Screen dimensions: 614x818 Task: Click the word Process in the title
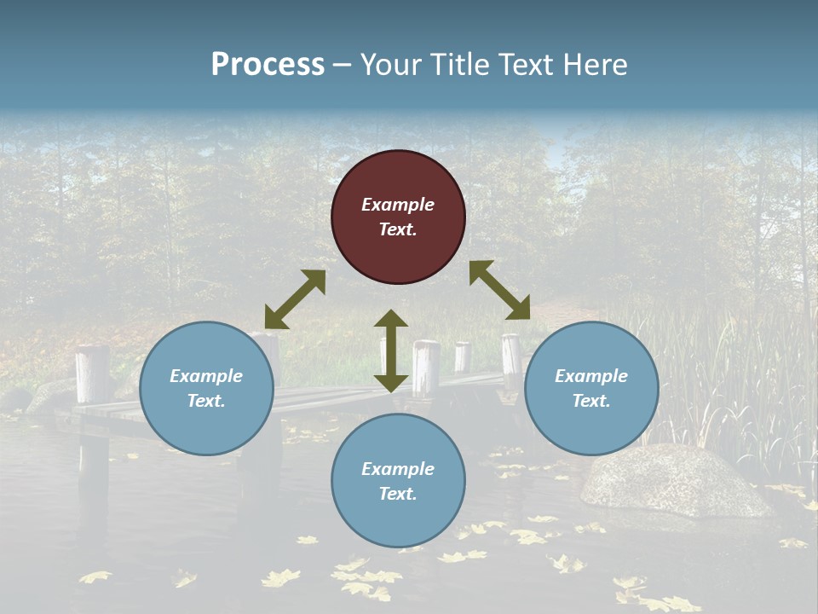click(268, 65)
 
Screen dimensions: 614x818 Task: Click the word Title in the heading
click(456, 65)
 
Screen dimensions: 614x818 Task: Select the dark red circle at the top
click(398, 217)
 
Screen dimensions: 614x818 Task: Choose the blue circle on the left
click(206, 388)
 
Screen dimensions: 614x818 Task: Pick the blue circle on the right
click(591, 388)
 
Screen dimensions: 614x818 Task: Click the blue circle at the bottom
click(398, 481)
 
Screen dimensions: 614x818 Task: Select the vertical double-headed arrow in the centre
click(391, 350)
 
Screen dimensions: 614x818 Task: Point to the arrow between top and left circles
click(295, 299)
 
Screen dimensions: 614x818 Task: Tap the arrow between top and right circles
click(500, 290)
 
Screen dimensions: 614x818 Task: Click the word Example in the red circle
click(398, 205)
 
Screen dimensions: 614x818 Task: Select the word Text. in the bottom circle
click(398, 494)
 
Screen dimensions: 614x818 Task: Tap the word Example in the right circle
click(591, 376)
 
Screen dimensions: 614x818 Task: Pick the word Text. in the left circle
click(206, 401)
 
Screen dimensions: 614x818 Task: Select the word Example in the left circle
click(206, 376)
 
